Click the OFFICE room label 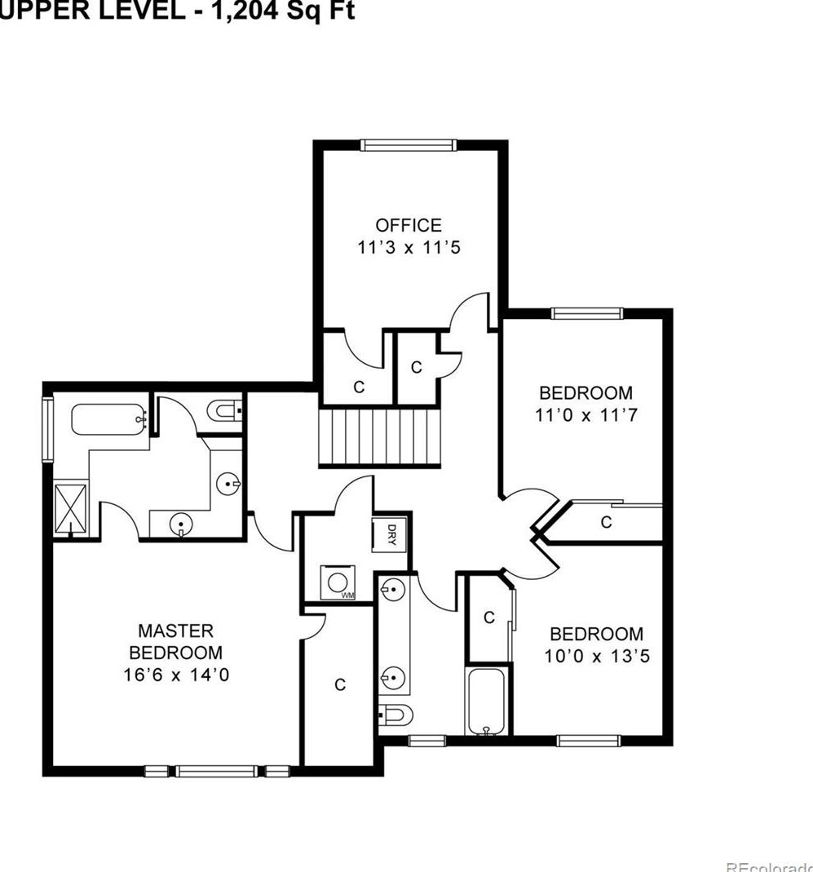tap(409, 225)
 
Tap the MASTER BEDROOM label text tap(176, 641)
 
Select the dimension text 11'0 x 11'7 tap(585, 414)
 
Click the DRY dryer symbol tap(391, 535)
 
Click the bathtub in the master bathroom tap(108, 418)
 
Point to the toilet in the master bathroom tap(223, 410)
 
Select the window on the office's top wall tap(408, 145)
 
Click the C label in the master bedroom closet tap(340, 685)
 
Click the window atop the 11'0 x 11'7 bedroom tap(586, 313)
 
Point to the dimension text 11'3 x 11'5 tap(409, 247)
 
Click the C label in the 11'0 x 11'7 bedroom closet tap(606, 523)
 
